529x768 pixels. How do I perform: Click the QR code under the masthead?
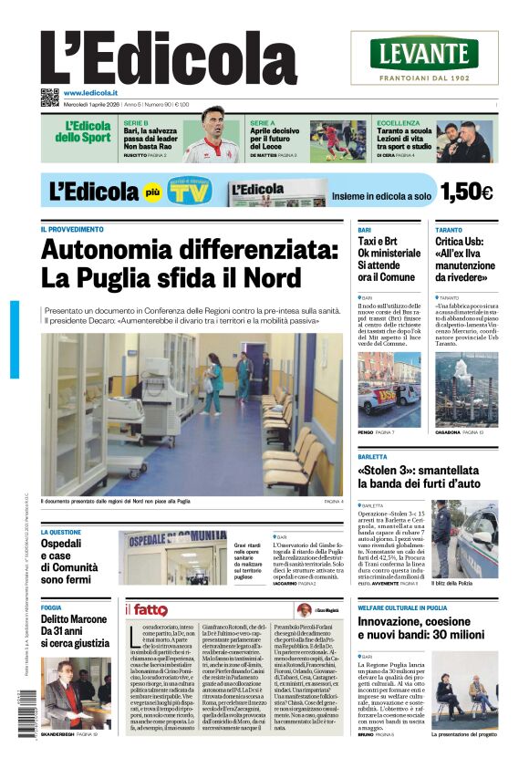coord(49,98)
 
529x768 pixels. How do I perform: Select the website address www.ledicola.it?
coord(90,93)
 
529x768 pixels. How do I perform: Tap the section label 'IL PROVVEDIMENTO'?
coord(72,229)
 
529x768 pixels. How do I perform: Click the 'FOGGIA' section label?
coord(51,607)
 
